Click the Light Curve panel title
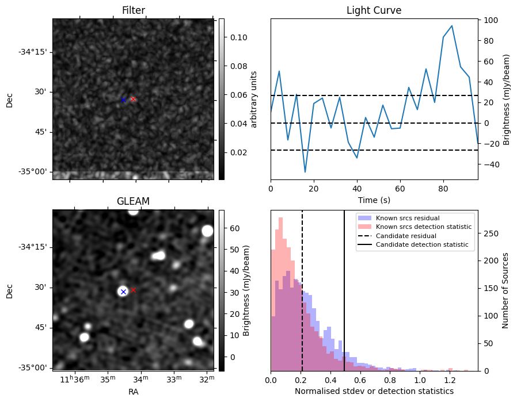click(x=374, y=10)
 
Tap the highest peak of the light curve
click(x=452, y=26)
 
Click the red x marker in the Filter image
click(x=133, y=99)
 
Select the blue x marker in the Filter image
click(x=123, y=100)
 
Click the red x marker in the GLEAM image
click(x=133, y=290)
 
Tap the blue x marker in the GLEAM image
click(x=123, y=292)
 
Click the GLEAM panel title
click(x=133, y=201)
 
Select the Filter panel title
click(x=133, y=10)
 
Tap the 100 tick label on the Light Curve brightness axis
click(x=491, y=20)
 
